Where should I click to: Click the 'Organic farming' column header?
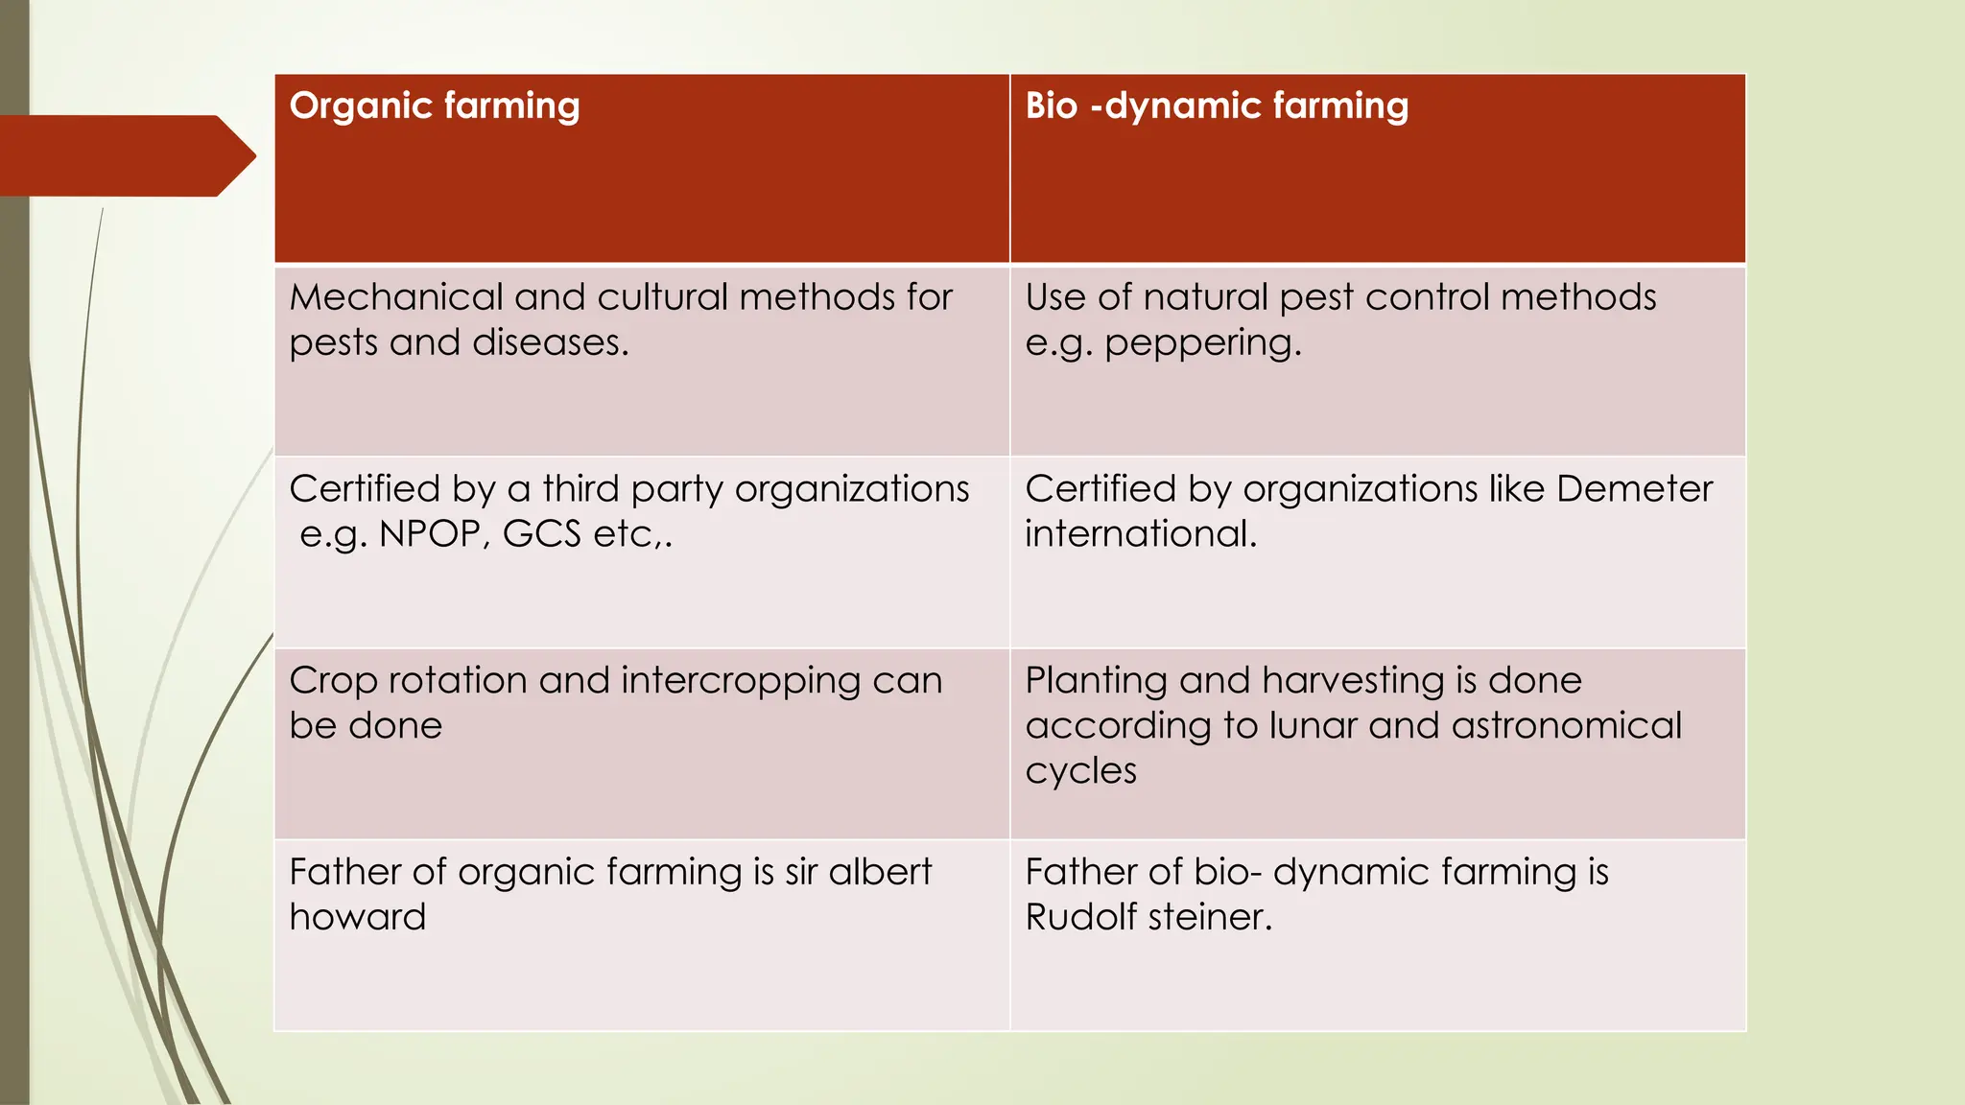click(435, 106)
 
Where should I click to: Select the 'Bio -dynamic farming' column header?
click(1217, 106)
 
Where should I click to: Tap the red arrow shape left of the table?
click(125, 155)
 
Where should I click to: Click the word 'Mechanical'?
click(395, 297)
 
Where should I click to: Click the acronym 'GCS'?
click(541, 534)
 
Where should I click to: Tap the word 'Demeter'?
click(1634, 489)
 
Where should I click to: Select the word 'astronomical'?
click(1567, 726)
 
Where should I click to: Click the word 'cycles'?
click(1080, 771)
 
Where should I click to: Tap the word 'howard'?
click(357, 918)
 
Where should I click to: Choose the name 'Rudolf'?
click(1080, 918)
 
